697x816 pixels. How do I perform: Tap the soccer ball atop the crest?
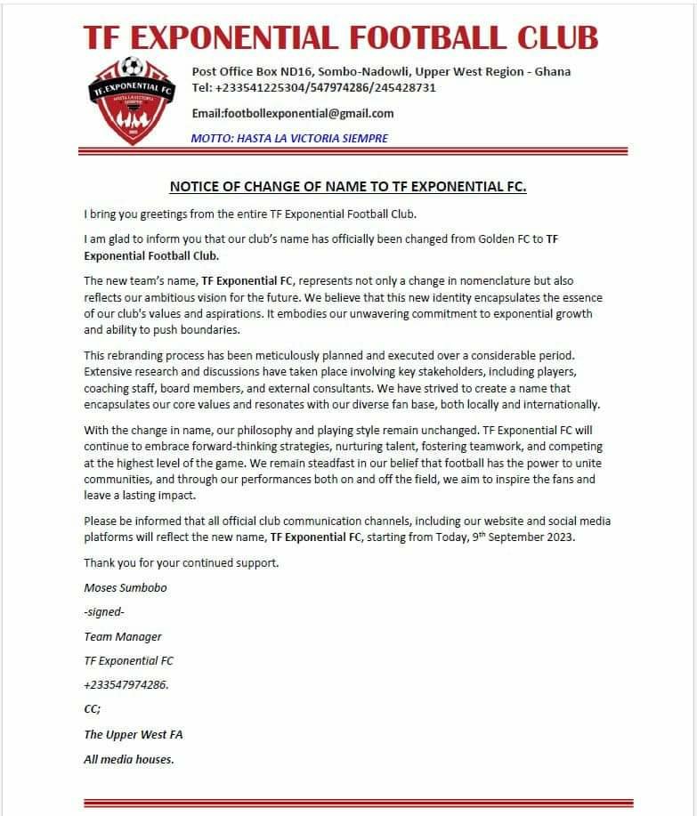tap(133, 66)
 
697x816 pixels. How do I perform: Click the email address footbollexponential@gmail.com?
tap(293, 114)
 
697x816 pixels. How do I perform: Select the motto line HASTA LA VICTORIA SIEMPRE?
tap(289, 138)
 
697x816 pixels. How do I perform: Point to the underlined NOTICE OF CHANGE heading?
tap(348, 187)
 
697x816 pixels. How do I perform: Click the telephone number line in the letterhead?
tap(313, 88)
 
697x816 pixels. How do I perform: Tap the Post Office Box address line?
tap(381, 71)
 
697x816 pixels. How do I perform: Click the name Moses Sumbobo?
tap(125, 588)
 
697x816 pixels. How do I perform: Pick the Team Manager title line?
tap(123, 636)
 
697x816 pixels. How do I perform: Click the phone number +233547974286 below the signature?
tap(126, 685)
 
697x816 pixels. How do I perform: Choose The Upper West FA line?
tap(134, 734)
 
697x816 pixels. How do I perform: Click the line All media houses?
tap(129, 758)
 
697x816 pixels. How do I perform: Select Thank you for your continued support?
tap(182, 563)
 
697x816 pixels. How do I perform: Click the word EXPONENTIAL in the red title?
tap(236, 37)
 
